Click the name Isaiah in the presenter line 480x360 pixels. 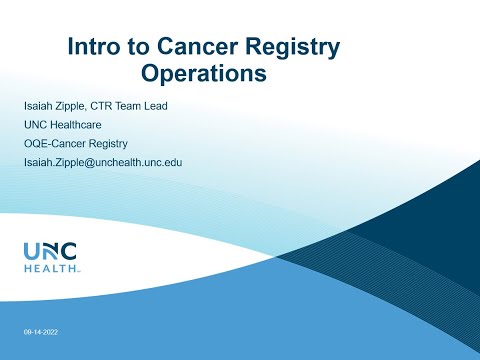click(42, 106)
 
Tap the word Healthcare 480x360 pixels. click(84, 125)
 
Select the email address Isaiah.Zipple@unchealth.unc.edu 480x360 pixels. click(102, 162)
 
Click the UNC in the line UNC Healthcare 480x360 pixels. click(36, 125)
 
